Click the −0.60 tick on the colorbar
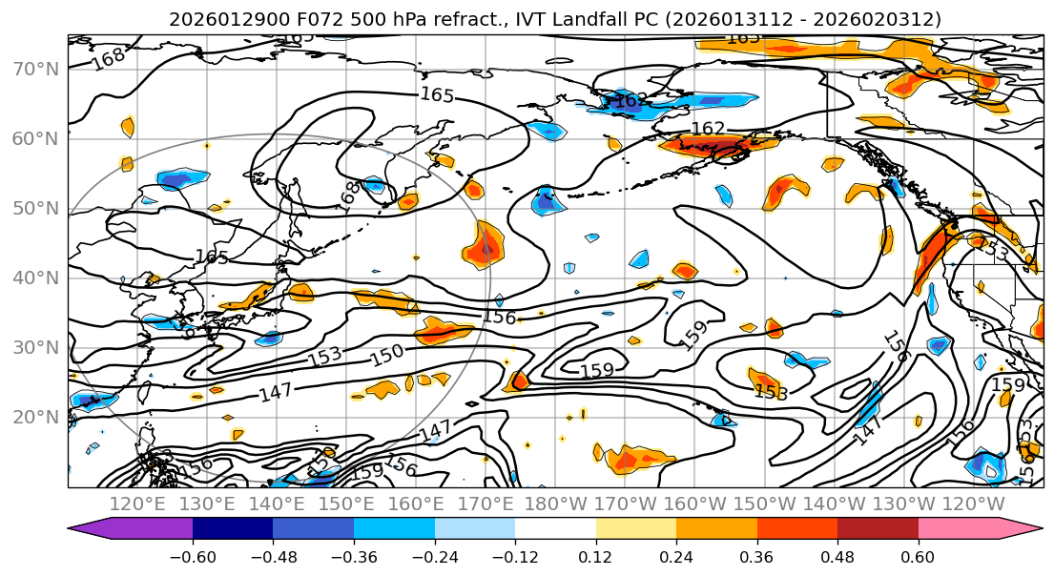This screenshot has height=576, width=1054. (193, 556)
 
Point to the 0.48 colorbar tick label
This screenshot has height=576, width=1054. (837, 556)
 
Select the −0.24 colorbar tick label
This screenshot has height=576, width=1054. (434, 556)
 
